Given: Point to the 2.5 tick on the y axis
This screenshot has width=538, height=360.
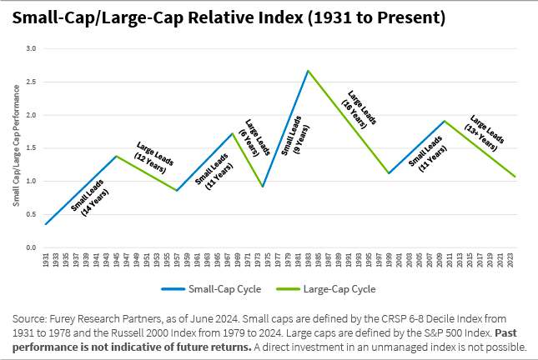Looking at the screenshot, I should (x=31, y=82).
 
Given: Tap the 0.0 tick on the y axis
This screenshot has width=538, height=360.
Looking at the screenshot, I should (x=31, y=247).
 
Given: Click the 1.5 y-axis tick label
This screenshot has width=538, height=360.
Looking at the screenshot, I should (x=31, y=148).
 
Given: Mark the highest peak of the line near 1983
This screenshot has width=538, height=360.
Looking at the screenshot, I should (x=308, y=70).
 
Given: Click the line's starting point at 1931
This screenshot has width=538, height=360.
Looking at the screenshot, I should (x=46, y=224).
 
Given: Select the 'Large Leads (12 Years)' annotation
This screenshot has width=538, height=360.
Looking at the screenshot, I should (x=153, y=156).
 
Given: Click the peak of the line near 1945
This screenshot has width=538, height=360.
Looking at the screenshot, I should (x=115, y=156).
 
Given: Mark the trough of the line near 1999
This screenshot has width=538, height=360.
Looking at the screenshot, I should (x=389, y=173).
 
